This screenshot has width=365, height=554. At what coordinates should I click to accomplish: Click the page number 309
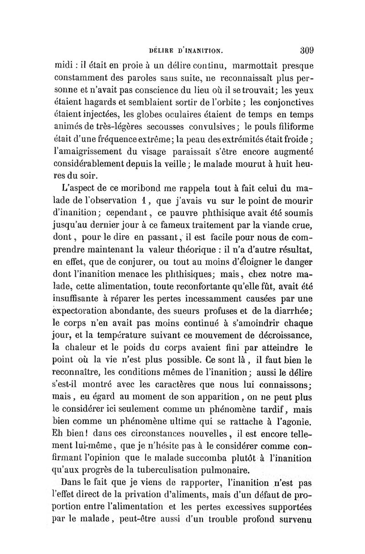(309, 50)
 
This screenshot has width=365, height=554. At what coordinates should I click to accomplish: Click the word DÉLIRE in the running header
(156, 51)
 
